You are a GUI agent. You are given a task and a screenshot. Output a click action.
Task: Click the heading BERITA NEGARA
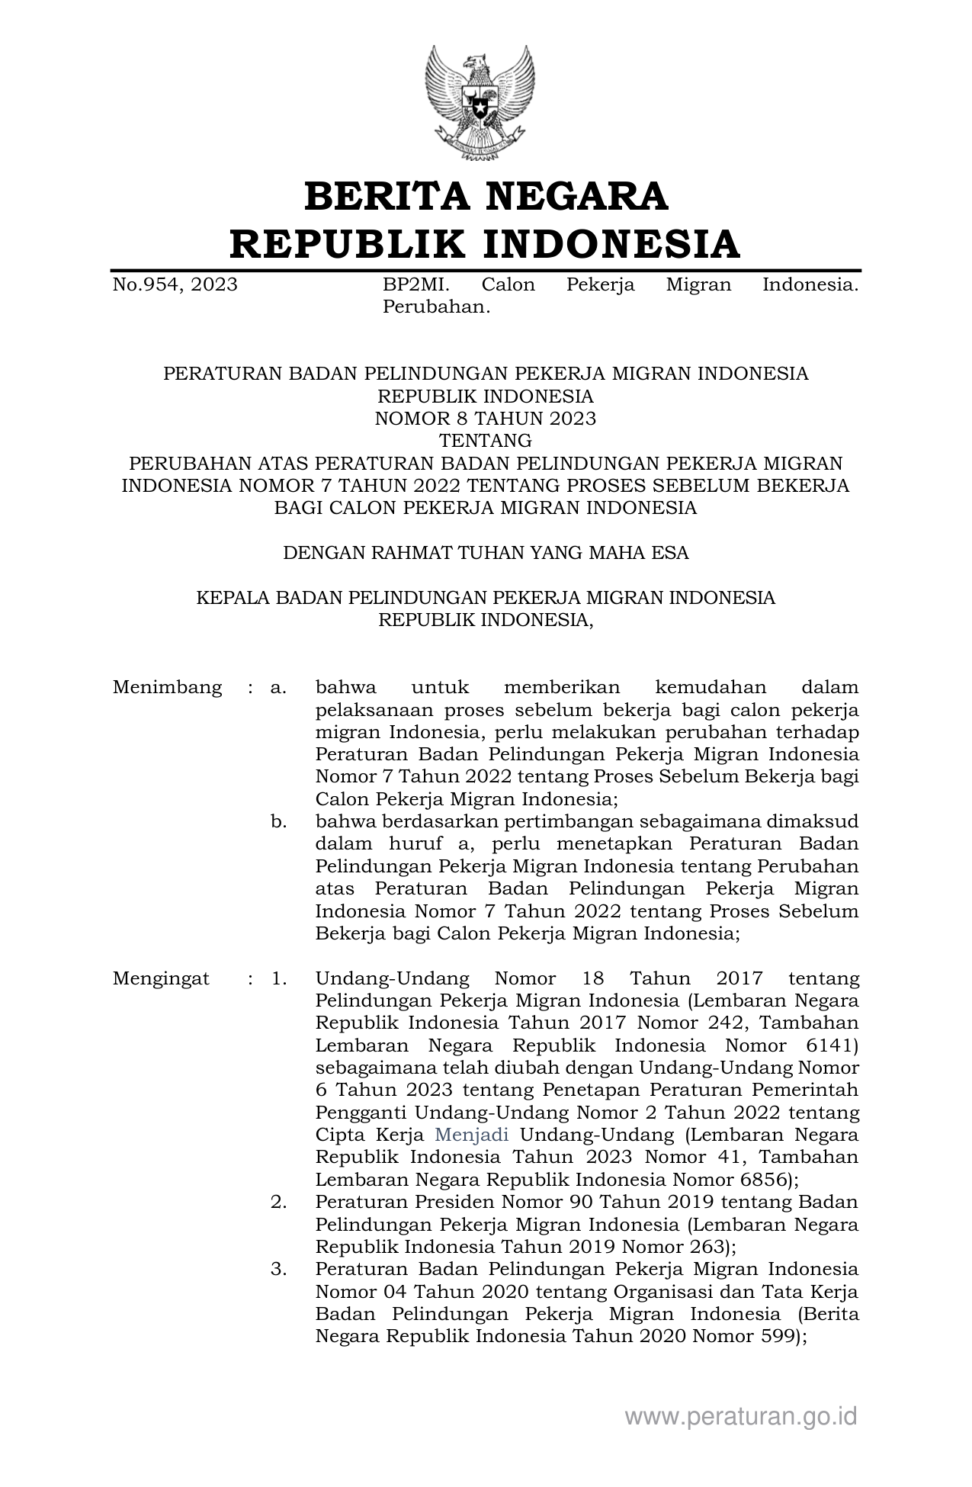click(486, 196)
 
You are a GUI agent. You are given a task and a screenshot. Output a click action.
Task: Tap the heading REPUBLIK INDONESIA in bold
click(486, 244)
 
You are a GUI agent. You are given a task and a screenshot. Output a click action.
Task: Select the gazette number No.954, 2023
click(175, 285)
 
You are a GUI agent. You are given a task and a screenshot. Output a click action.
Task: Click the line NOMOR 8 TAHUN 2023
click(486, 419)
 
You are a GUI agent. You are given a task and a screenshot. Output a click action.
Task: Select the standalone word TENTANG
click(486, 441)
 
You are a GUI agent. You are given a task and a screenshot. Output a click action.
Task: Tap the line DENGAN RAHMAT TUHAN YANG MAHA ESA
click(486, 553)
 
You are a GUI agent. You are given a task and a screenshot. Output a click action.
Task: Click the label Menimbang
click(167, 687)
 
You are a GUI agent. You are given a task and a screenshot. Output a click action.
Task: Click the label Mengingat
click(161, 978)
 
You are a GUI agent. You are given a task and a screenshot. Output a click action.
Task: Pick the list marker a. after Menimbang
click(278, 687)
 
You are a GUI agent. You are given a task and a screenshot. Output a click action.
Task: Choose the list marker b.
click(278, 822)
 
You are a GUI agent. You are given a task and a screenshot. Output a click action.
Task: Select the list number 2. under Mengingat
click(278, 1203)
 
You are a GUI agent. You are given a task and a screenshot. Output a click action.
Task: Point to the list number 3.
click(278, 1270)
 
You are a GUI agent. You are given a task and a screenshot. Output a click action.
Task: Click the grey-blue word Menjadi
click(471, 1135)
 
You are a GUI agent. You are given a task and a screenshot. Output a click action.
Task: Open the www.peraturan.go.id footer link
click(741, 1417)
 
